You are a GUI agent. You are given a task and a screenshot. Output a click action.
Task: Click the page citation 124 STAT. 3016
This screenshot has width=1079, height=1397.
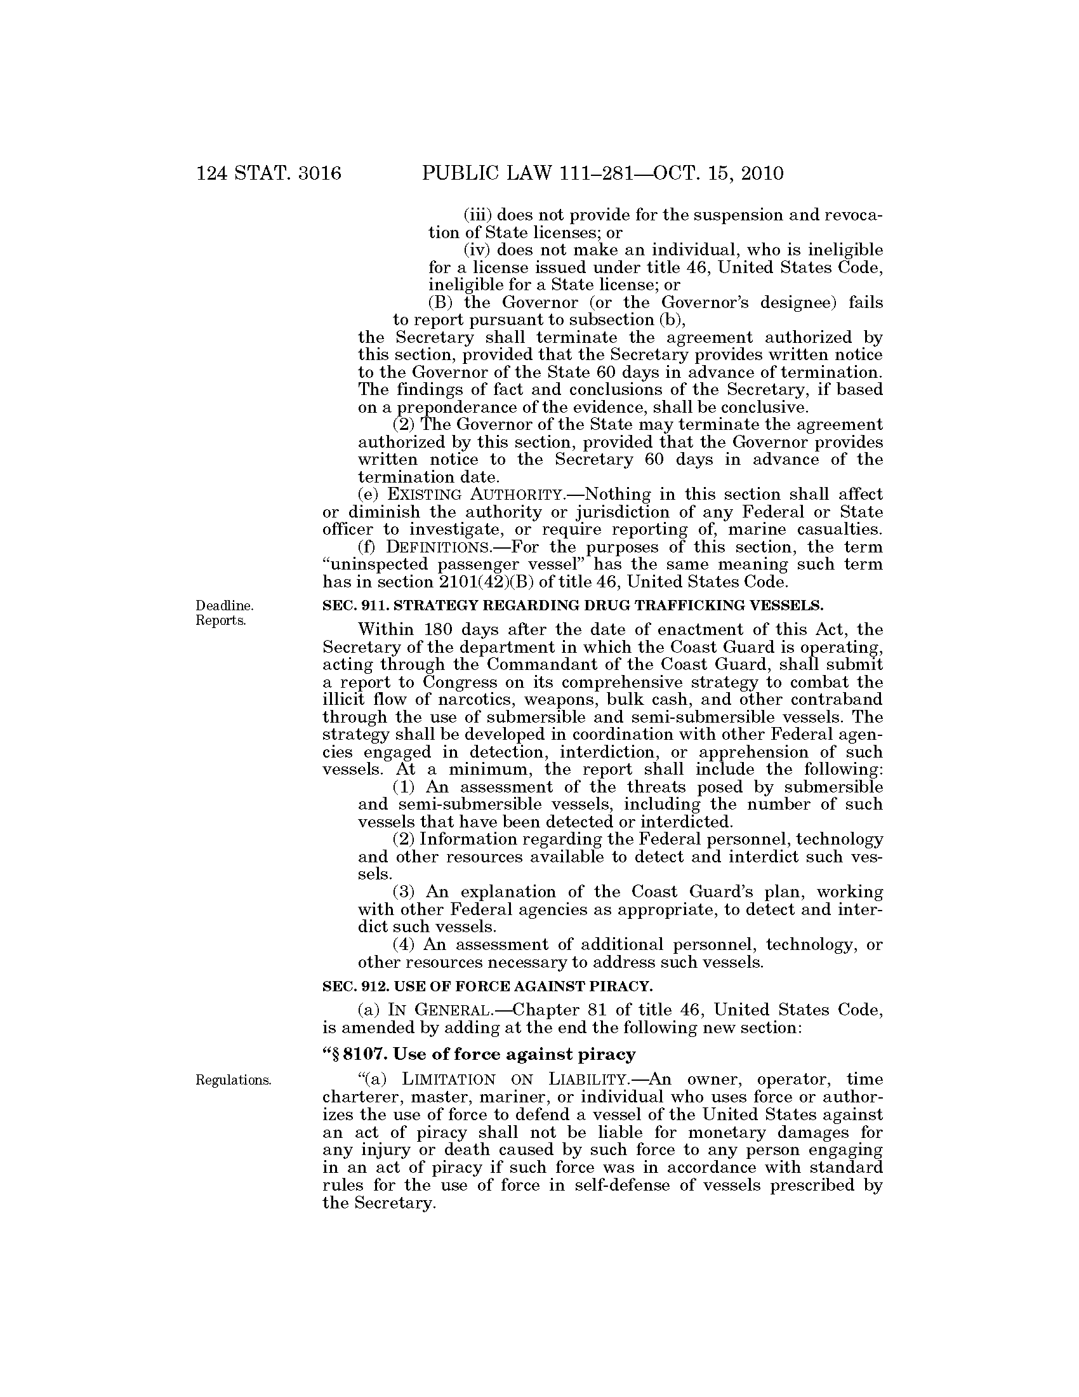point(269,173)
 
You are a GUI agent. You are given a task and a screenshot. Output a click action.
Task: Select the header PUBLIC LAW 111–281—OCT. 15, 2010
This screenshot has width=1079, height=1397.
point(602,173)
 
